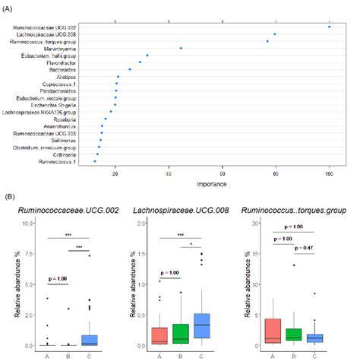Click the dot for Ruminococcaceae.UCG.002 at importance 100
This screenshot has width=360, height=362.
[329, 27]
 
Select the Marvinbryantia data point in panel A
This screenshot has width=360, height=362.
[181, 48]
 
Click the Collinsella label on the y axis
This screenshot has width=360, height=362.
[72, 154]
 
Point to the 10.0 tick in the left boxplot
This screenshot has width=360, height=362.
[29, 223]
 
